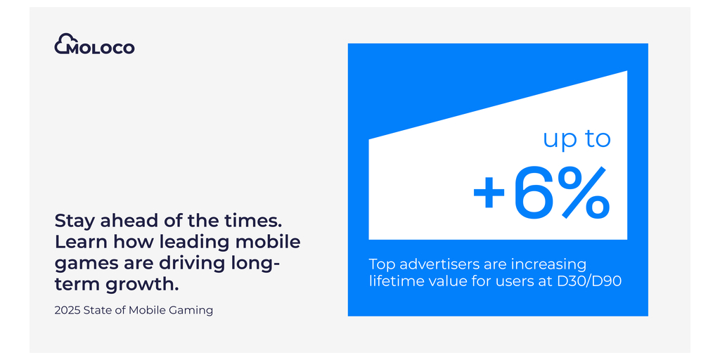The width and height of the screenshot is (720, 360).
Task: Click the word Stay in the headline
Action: [72, 221]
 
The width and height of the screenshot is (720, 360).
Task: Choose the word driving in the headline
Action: [188, 263]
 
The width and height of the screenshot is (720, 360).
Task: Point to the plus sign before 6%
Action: [489, 194]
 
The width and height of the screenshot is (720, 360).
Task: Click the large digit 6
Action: [533, 192]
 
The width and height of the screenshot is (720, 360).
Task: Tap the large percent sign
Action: [584, 192]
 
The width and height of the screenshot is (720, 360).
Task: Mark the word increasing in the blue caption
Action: [546, 266]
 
